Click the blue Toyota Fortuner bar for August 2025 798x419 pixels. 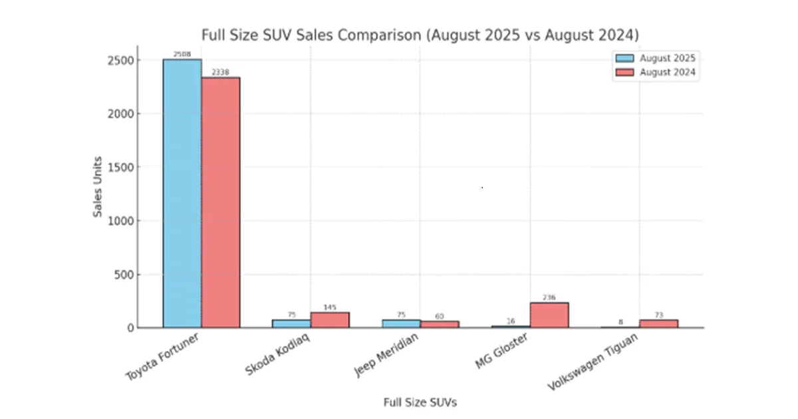tap(182, 193)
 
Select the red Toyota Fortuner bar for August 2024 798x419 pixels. tap(221, 202)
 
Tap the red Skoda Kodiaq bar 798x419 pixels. tap(330, 320)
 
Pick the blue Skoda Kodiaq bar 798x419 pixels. tap(291, 323)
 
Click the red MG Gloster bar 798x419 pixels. tap(549, 315)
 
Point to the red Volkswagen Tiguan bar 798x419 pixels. tap(658, 324)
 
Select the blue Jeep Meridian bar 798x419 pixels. tap(401, 323)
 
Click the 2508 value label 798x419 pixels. tap(182, 54)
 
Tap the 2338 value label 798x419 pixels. tap(221, 72)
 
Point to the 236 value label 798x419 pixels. tap(549, 297)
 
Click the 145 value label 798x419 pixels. tap(330, 307)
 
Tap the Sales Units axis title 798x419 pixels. tap(98, 187)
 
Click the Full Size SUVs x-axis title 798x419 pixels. tap(420, 402)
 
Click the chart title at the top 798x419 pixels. tap(420, 35)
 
